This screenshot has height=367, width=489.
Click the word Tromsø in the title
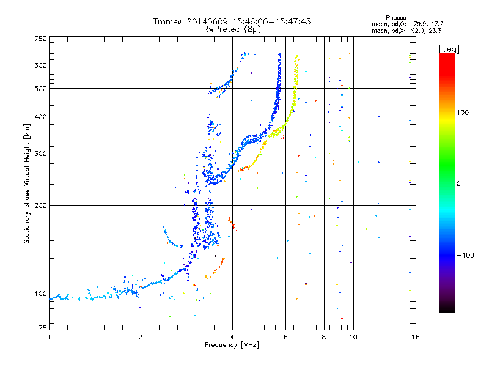coord(168,21)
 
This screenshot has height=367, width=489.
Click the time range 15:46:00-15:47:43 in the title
coord(271,21)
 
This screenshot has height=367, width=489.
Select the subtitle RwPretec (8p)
coord(232,29)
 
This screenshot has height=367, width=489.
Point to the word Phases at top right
coord(395,18)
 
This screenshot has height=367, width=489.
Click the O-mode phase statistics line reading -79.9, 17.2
coord(408,24)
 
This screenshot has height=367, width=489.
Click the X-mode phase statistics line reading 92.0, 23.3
coord(406,31)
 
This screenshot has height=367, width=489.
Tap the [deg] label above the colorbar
coord(449,49)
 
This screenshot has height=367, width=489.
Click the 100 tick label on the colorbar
coord(463,113)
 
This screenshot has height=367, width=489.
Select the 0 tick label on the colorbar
coord(458,183)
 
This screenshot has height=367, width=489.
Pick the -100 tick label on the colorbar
coord(465,255)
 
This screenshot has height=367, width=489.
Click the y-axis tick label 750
coord(40,39)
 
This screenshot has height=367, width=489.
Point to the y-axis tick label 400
coord(40,117)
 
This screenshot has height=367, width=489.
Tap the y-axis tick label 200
coord(40,206)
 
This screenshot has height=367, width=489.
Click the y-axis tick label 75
coord(43,328)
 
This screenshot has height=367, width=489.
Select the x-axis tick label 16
coord(416,337)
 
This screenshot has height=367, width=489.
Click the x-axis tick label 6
coord(285,337)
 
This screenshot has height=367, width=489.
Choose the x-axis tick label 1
coord(49,337)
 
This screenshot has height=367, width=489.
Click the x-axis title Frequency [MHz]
coord(232,345)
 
